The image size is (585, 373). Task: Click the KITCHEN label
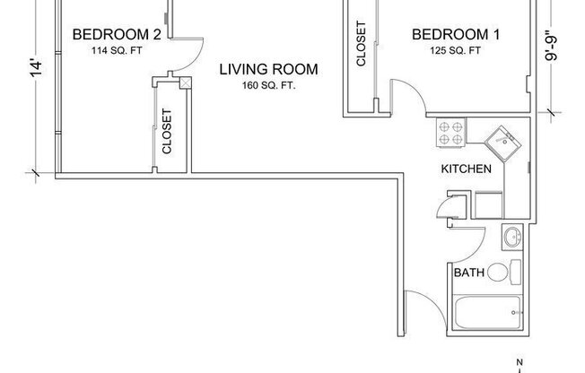[465, 169]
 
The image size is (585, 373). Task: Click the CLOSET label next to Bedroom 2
[168, 130]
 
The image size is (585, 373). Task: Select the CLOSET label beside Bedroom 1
[362, 45]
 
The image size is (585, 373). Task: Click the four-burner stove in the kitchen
[451, 134]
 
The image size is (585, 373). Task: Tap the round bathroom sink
[511, 239]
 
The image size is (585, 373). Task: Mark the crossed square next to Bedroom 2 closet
[186, 83]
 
